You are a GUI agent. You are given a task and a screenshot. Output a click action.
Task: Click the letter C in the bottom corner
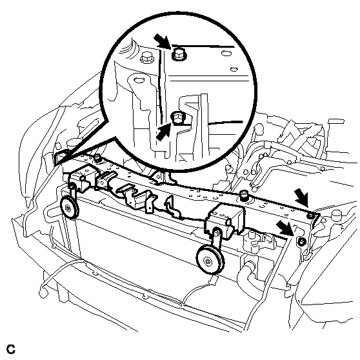click(11, 349)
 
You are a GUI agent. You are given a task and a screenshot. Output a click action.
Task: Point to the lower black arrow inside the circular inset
click(163, 132)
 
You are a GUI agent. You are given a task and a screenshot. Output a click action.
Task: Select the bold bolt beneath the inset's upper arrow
click(179, 54)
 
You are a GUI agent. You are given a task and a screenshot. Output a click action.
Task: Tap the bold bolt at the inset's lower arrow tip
click(177, 118)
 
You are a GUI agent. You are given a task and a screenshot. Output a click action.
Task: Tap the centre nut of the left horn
click(68, 208)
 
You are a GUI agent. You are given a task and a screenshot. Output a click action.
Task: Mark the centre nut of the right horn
click(208, 262)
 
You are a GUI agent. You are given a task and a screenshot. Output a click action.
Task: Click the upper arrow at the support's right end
click(302, 196)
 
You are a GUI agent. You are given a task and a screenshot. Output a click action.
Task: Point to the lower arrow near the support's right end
click(285, 228)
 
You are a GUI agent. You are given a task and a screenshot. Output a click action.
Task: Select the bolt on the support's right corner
click(311, 215)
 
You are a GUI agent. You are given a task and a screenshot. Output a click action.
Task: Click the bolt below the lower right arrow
click(302, 241)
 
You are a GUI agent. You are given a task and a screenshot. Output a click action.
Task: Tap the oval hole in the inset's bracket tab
click(138, 80)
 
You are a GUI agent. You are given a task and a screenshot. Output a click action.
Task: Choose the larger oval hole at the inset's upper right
click(226, 54)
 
